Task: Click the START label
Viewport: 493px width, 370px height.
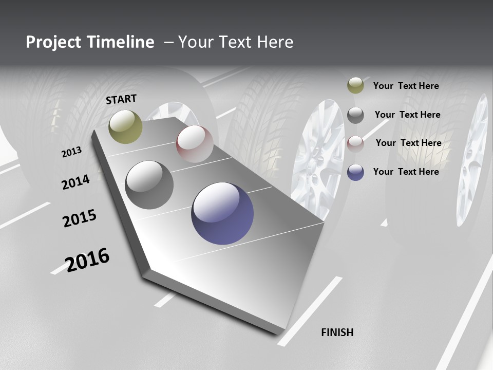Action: (x=121, y=99)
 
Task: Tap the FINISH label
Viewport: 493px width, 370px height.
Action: (x=337, y=332)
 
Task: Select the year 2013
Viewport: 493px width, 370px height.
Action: (x=72, y=152)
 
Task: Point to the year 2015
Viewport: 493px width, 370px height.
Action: (x=80, y=219)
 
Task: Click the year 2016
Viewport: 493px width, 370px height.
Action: (x=88, y=260)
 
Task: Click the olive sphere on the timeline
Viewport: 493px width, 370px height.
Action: (x=126, y=127)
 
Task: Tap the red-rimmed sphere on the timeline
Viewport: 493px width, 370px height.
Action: (x=195, y=144)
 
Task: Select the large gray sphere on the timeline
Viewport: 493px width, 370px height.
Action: (x=149, y=185)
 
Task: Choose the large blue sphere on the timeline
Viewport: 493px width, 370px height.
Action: (x=222, y=213)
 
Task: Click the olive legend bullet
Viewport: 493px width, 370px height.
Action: (x=355, y=86)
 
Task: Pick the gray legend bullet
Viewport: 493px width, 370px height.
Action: (x=355, y=115)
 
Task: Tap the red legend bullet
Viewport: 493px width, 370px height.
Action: (x=355, y=143)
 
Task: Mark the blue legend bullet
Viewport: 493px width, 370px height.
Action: (x=355, y=172)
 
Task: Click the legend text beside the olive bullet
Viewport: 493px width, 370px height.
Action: (x=406, y=86)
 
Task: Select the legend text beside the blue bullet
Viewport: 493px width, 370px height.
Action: (x=406, y=172)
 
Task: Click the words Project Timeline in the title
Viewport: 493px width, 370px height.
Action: (x=90, y=42)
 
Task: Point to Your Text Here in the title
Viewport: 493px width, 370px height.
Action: (x=236, y=42)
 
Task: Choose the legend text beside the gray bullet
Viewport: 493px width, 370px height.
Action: (x=408, y=115)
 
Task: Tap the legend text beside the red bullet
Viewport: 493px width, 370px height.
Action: (x=409, y=143)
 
